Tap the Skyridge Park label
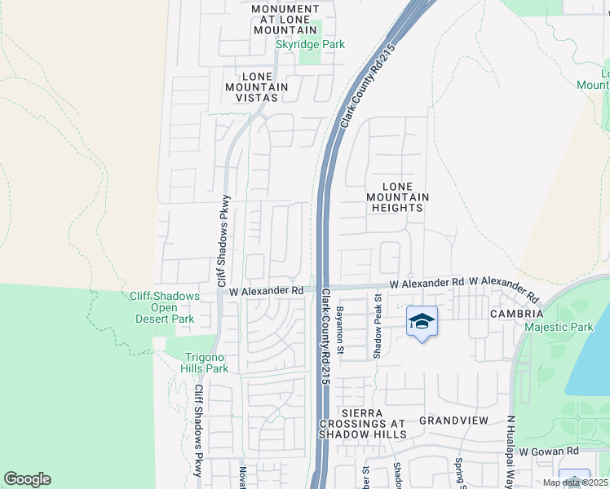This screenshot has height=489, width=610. (x=310, y=45)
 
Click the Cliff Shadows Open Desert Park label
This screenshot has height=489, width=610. (x=164, y=307)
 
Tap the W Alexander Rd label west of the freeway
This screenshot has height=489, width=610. (x=266, y=290)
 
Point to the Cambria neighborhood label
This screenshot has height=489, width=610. (x=516, y=314)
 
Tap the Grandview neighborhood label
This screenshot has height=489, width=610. (x=453, y=421)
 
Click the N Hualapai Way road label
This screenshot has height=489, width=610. (x=511, y=447)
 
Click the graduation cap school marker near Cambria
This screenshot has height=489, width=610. (x=421, y=322)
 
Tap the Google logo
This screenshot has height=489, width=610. (x=27, y=479)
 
